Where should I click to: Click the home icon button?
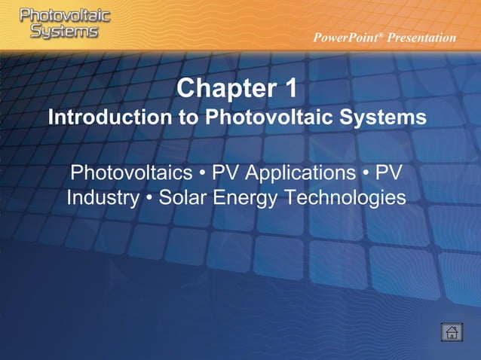pos(452,332)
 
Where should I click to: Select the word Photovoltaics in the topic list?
pos(131,172)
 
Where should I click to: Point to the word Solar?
pos(184,198)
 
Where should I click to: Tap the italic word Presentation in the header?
pos(422,38)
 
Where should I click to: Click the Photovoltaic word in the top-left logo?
pos(65,15)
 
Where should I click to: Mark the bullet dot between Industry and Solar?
pos(149,199)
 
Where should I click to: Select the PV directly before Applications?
pos(225,172)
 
